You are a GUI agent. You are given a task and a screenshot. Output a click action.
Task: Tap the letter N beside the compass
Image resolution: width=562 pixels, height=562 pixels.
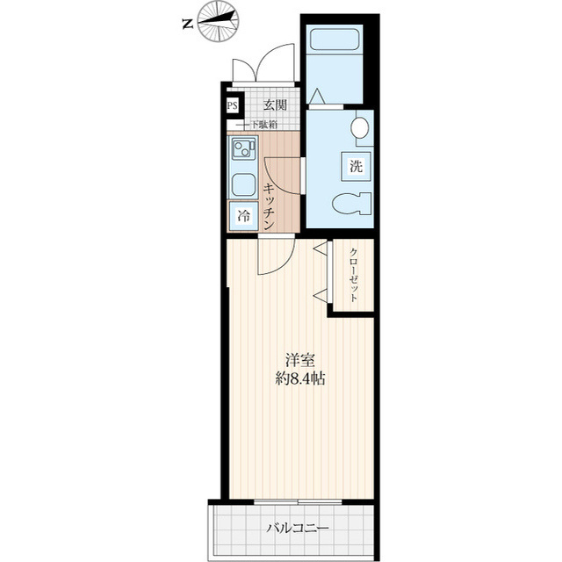[x=187, y=25]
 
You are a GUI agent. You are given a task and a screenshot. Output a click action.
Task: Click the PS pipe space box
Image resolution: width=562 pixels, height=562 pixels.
[x=232, y=106]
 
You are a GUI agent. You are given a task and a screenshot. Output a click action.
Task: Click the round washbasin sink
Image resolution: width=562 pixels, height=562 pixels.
[x=362, y=130]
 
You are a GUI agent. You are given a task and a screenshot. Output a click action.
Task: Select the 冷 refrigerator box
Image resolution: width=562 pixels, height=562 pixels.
[x=241, y=214]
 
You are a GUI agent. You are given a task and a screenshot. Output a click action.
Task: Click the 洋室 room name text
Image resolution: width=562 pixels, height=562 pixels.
[x=299, y=360]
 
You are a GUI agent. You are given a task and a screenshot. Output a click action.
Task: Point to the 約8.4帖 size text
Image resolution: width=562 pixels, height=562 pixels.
[x=299, y=379]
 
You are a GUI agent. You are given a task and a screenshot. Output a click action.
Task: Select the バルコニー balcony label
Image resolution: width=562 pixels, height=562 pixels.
[x=298, y=530]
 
